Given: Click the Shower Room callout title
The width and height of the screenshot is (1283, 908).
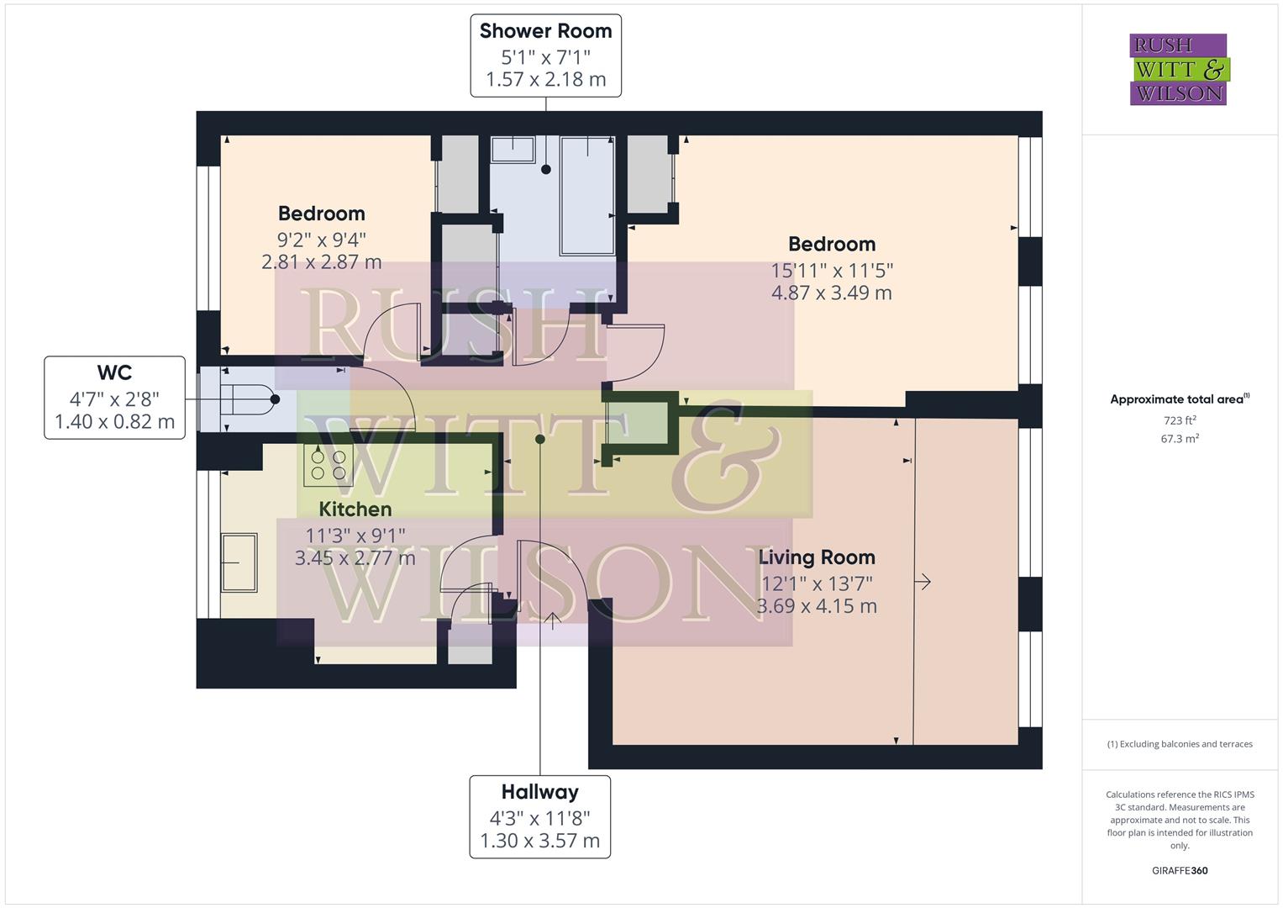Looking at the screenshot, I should pyautogui.click(x=545, y=31).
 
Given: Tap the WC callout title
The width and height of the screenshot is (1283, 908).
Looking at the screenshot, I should pyautogui.click(x=114, y=372).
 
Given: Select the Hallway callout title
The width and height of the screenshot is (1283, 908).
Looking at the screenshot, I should pyautogui.click(x=539, y=792).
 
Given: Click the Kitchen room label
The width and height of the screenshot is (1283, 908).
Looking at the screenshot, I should pyautogui.click(x=355, y=509).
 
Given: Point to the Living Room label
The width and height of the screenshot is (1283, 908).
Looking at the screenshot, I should pyautogui.click(x=817, y=557).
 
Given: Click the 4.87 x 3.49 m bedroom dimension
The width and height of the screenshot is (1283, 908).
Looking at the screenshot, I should pyautogui.click(x=831, y=293).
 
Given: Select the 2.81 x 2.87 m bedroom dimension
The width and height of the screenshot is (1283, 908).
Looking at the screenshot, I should pyautogui.click(x=321, y=262).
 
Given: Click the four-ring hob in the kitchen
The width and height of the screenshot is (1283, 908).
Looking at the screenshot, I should pyautogui.click(x=328, y=466).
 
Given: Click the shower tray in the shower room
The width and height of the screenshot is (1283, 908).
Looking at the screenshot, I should pyautogui.click(x=587, y=195).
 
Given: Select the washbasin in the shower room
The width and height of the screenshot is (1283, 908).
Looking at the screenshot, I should pyautogui.click(x=513, y=150).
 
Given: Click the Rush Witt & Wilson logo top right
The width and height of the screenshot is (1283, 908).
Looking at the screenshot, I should pyautogui.click(x=1178, y=70).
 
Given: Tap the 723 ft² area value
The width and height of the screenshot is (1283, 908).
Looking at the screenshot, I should pyautogui.click(x=1179, y=420).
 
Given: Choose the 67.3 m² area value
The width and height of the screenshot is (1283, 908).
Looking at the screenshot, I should pyautogui.click(x=1179, y=439).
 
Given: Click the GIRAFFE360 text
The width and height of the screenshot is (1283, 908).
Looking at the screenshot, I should pyautogui.click(x=1179, y=870).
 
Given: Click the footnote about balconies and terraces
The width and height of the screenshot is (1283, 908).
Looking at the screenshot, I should pyautogui.click(x=1179, y=744).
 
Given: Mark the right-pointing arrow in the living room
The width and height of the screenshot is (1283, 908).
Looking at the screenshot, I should pyautogui.click(x=923, y=582).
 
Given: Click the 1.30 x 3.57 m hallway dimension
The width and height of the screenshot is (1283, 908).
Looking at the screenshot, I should pyautogui.click(x=539, y=841).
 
